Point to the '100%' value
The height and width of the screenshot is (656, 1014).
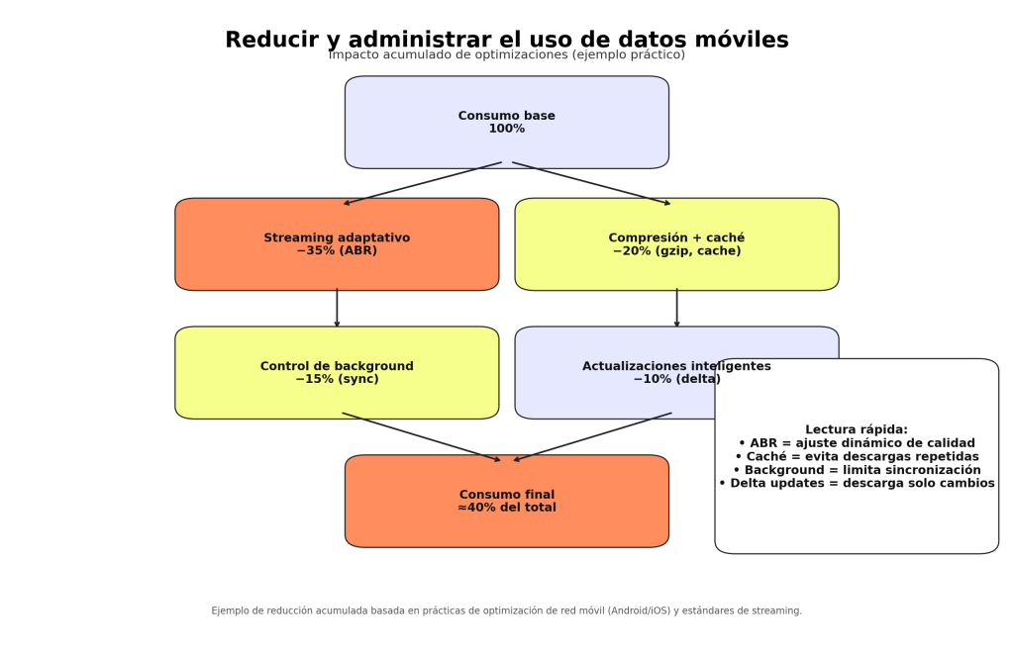coord(506,130)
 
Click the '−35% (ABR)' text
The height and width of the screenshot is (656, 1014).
coord(337,251)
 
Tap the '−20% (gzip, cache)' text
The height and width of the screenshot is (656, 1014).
coord(676,251)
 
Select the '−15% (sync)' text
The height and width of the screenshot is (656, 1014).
coord(337,380)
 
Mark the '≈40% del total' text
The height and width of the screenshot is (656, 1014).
coord(506,509)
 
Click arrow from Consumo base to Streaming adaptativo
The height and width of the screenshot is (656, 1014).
coord(422,184)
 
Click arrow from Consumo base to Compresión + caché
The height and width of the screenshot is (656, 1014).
coord(591,184)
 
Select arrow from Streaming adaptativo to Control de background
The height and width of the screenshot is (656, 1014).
coord(337,308)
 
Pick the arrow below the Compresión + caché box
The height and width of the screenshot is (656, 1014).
coord(676,308)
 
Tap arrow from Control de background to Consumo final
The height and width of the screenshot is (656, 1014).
coord(422,436)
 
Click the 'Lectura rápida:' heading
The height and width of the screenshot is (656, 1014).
coord(856,430)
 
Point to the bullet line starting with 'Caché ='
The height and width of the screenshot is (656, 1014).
coord(856,457)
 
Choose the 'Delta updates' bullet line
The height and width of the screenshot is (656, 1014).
coord(856,484)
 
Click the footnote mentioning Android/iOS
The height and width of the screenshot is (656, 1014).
coord(506,611)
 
